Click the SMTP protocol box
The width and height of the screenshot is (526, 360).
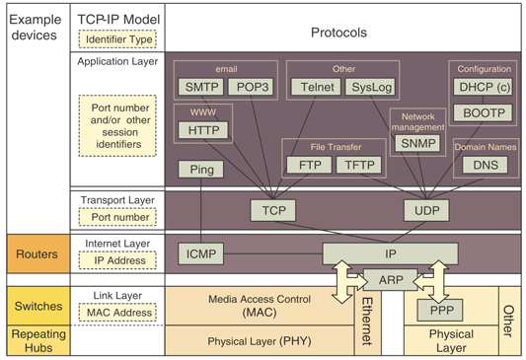pos(200,87)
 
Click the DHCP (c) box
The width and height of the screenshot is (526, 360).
pos(482,87)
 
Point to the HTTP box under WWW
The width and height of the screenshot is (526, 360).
pos(204,129)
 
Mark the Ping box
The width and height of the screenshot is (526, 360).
pos(200,170)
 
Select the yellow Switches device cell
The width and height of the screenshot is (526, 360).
pos(35,306)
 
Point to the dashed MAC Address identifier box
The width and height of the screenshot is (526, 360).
pos(111,313)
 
